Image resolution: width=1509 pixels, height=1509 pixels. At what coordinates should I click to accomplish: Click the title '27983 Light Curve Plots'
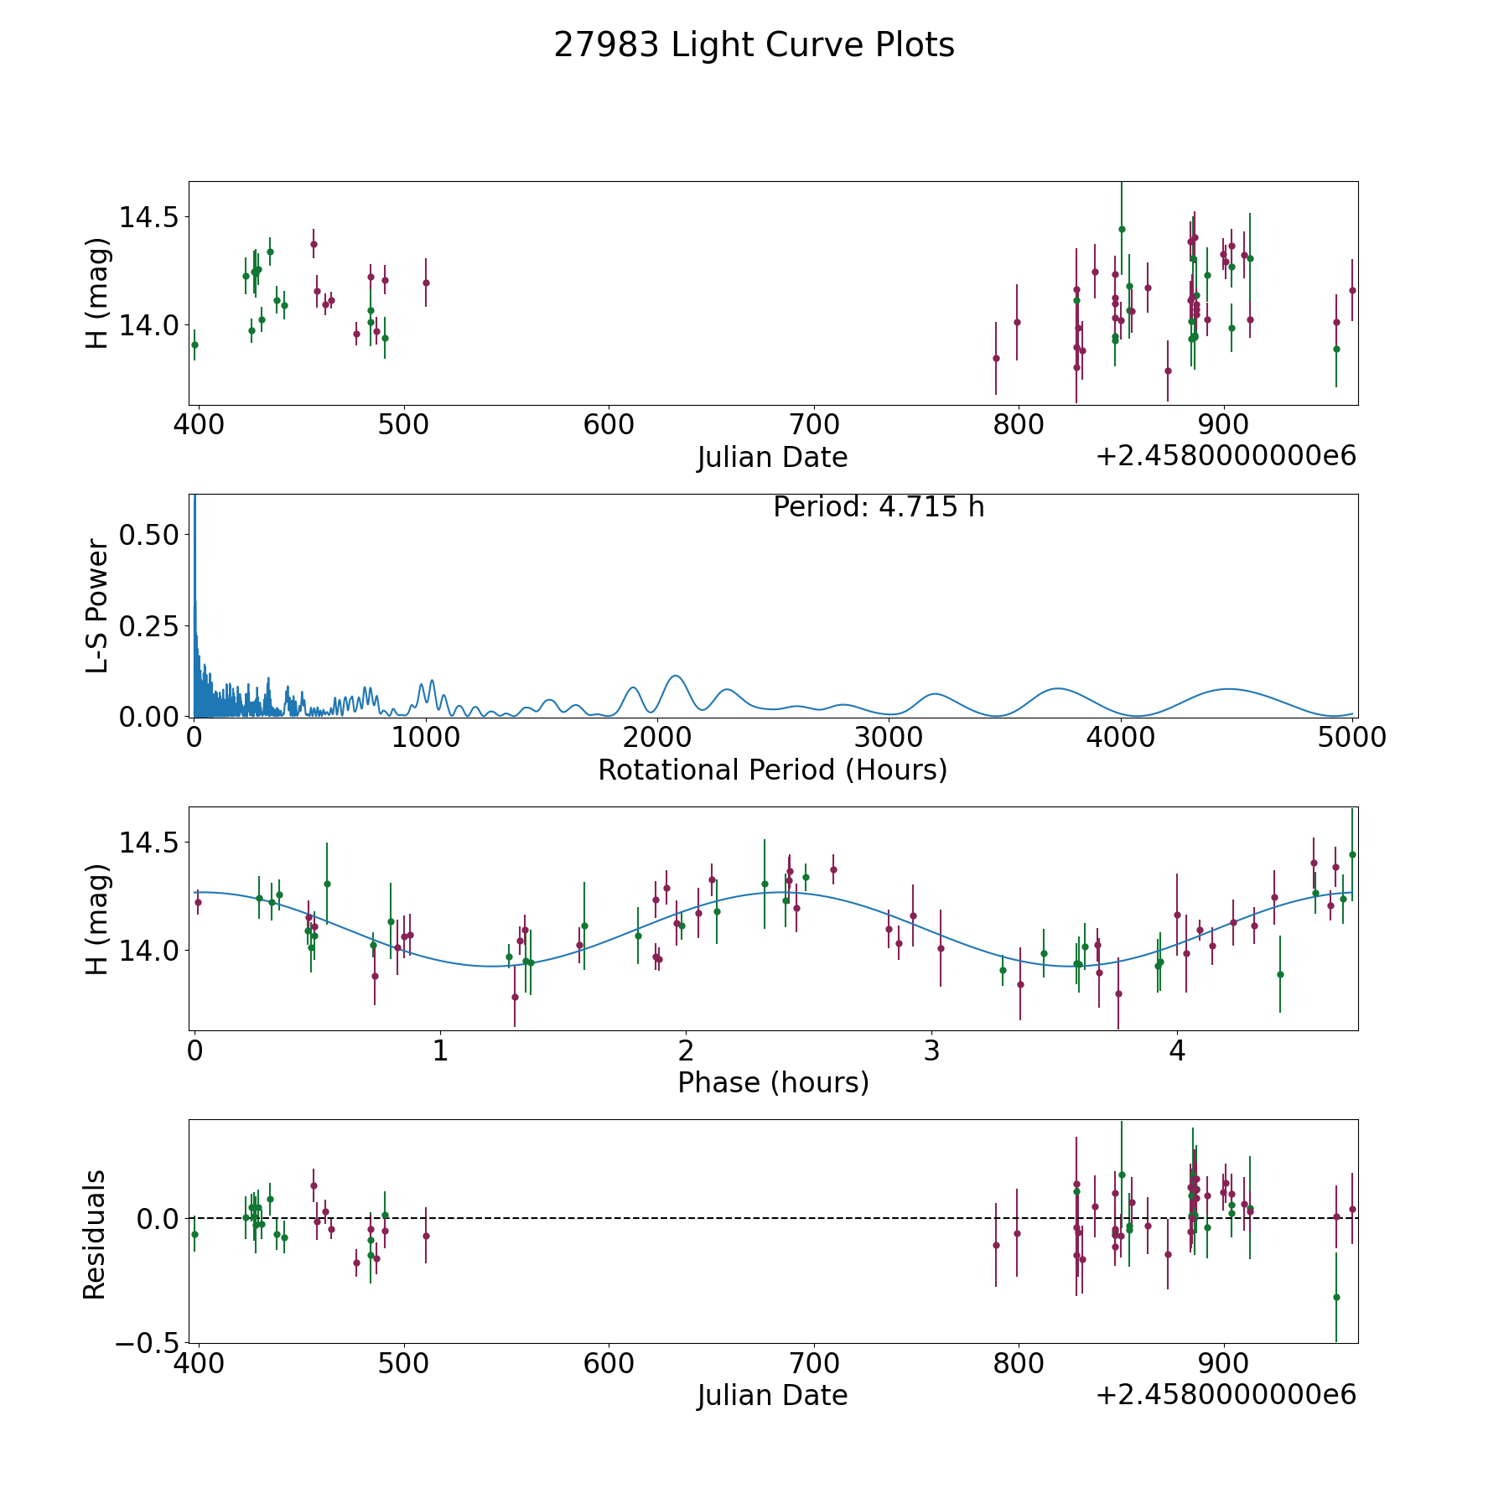(x=754, y=45)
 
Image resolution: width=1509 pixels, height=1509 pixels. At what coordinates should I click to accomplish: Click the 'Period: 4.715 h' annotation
(x=879, y=507)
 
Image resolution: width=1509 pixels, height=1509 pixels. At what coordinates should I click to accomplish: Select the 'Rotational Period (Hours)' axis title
(x=772, y=770)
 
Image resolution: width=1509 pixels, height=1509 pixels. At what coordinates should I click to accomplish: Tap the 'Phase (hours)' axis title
(x=773, y=1082)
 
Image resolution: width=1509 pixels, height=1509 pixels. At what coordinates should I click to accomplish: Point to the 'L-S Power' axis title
(x=97, y=605)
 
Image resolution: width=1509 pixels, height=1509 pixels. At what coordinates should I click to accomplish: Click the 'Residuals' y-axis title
(x=95, y=1234)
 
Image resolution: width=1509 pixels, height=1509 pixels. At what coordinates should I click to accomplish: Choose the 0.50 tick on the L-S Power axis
(x=149, y=535)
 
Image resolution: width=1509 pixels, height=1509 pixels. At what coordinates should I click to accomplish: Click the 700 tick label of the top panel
(x=814, y=425)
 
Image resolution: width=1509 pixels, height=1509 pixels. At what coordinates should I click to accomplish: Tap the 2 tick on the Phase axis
(x=686, y=1050)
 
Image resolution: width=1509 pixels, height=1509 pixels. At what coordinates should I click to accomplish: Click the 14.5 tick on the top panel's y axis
(x=149, y=217)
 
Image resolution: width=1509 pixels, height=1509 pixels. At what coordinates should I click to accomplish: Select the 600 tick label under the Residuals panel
(x=609, y=1363)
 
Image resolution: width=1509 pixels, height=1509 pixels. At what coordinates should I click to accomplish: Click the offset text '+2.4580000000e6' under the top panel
(x=1226, y=456)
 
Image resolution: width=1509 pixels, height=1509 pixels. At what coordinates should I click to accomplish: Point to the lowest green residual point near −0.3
(x=1336, y=1297)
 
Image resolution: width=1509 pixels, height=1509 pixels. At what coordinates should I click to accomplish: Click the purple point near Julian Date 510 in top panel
(x=426, y=283)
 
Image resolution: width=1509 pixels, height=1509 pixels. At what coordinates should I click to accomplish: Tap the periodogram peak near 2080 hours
(x=675, y=676)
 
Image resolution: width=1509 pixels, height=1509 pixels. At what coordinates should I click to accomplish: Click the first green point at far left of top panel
(x=194, y=345)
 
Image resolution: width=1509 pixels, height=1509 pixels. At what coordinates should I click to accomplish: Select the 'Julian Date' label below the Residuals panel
(x=772, y=1395)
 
